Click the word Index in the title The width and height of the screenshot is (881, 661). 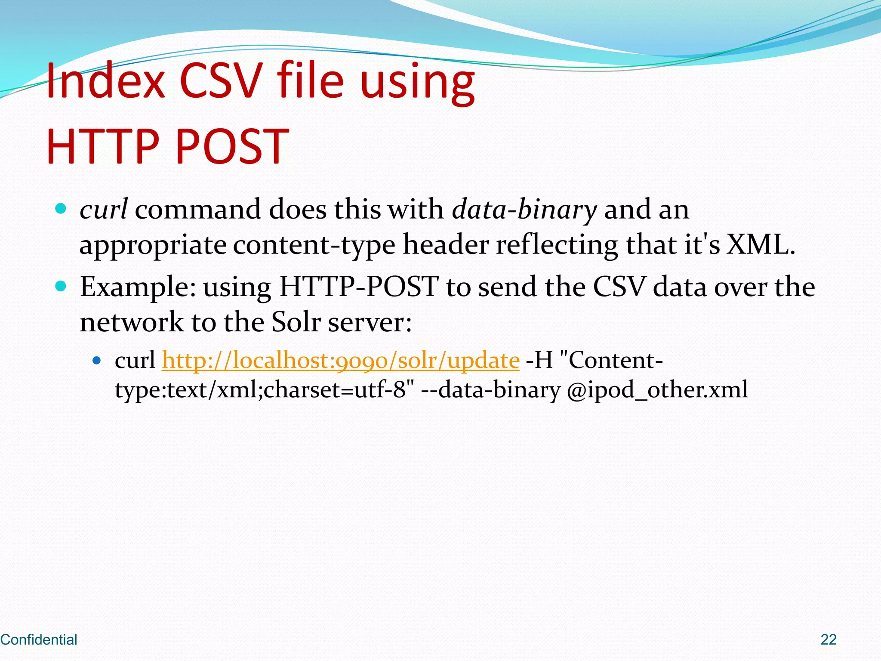click(105, 81)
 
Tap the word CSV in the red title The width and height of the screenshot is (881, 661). click(221, 81)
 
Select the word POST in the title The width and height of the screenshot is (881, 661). click(232, 147)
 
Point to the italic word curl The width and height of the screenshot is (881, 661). click(103, 210)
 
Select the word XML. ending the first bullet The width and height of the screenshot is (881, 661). click(761, 245)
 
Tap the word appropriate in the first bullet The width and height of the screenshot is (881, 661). click(153, 246)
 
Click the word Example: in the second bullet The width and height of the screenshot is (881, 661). click(138, 287)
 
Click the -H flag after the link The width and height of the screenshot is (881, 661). click(539, 360)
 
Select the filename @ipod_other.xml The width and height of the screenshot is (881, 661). click(657, 390)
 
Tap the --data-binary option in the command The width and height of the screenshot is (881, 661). click(490, 390)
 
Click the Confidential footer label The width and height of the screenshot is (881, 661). click(39, 640)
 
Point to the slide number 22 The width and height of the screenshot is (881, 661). click(829, 640)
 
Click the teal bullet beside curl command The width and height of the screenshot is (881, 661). click(61, 209)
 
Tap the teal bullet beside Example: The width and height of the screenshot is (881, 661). click(61, 286)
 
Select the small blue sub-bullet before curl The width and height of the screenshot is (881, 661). click(97, 360)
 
